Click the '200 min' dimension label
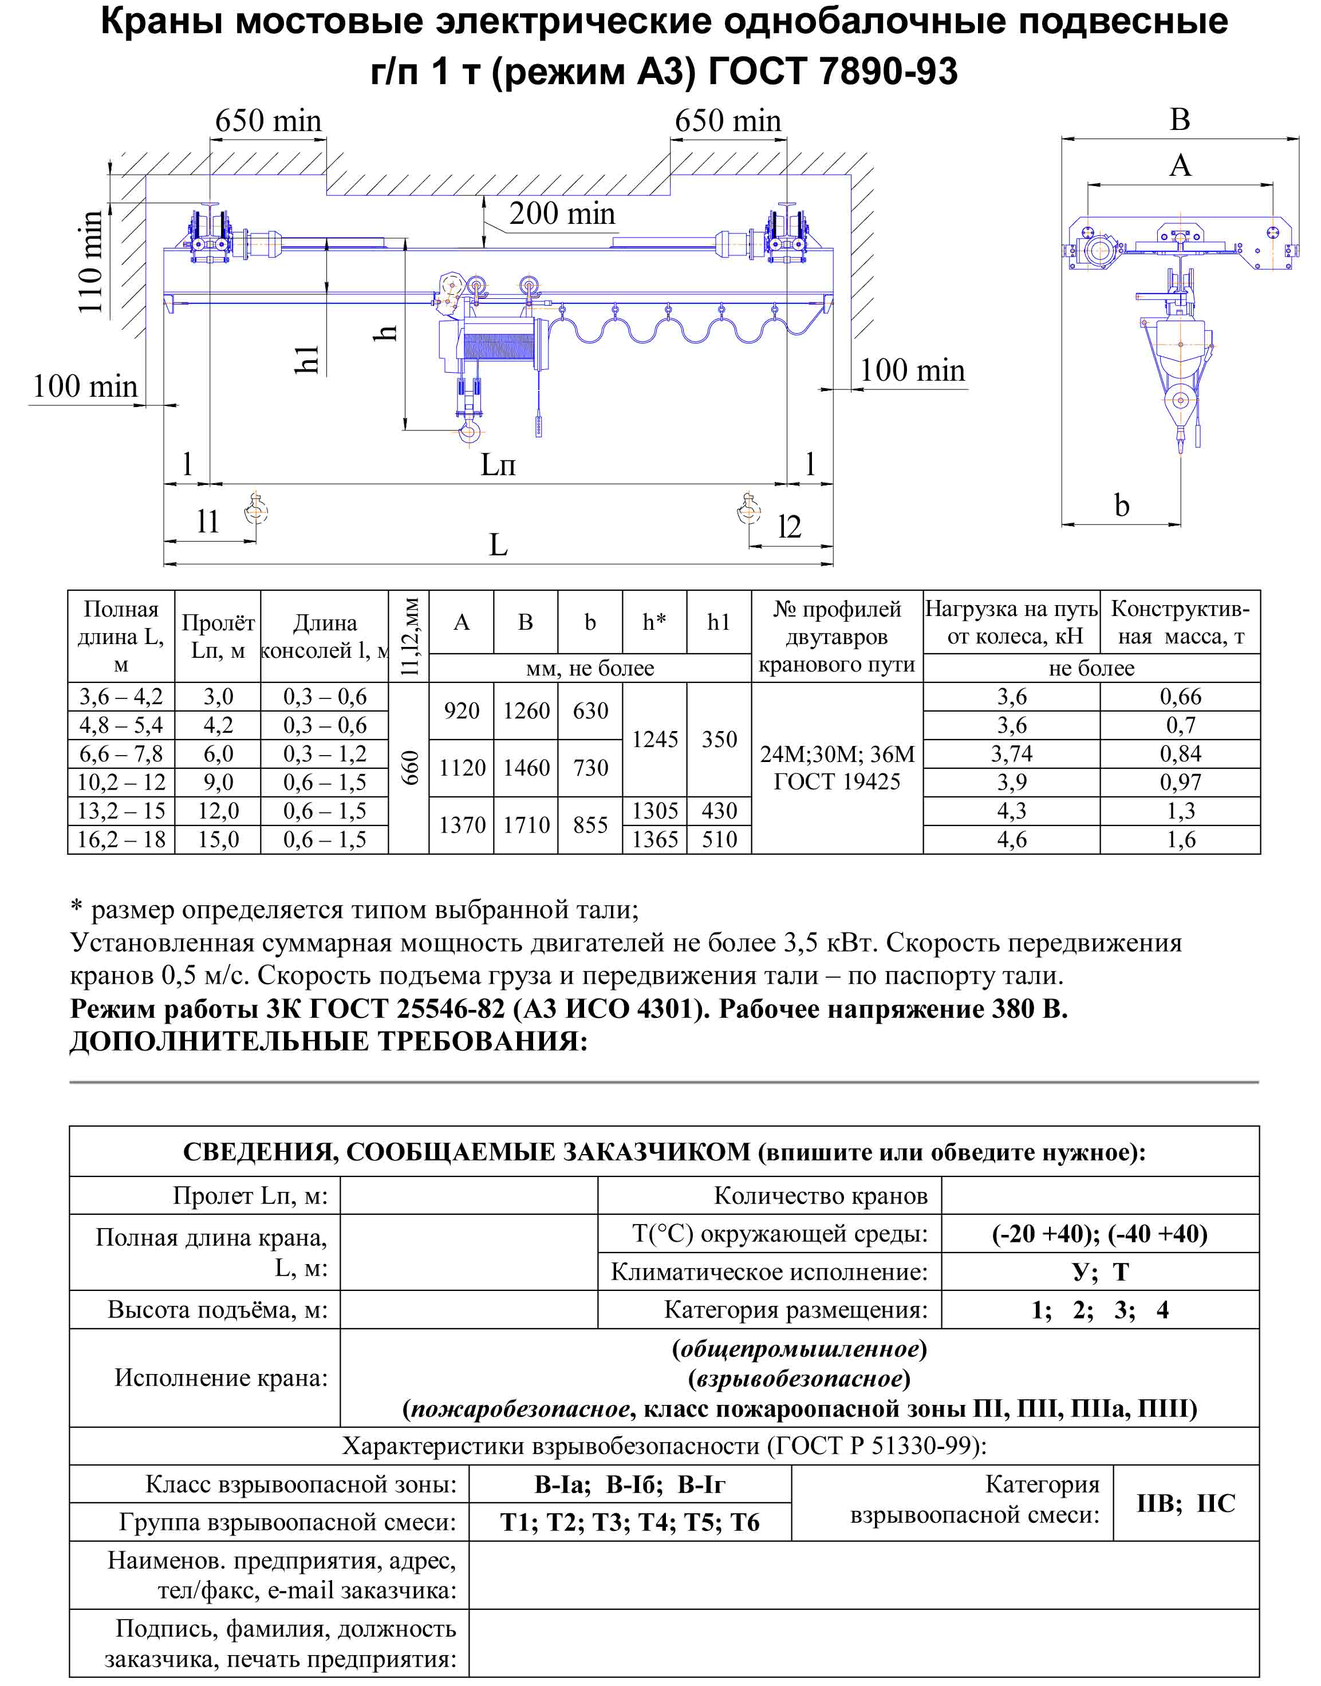(562, 214)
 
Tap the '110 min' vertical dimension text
(91, 262)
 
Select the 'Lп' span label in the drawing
(498, 465)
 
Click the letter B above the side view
(1180, 120)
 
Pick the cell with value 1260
(526, 710)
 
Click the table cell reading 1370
(462, 825)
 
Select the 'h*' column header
(654, 622)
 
